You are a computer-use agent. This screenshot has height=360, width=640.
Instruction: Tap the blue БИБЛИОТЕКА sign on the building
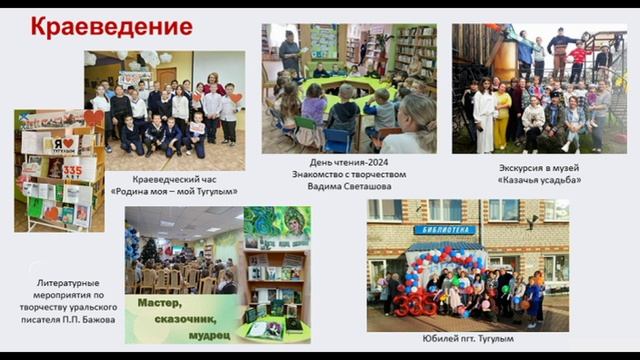(444, 230)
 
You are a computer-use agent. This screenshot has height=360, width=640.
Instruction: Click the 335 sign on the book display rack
(72, 171)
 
